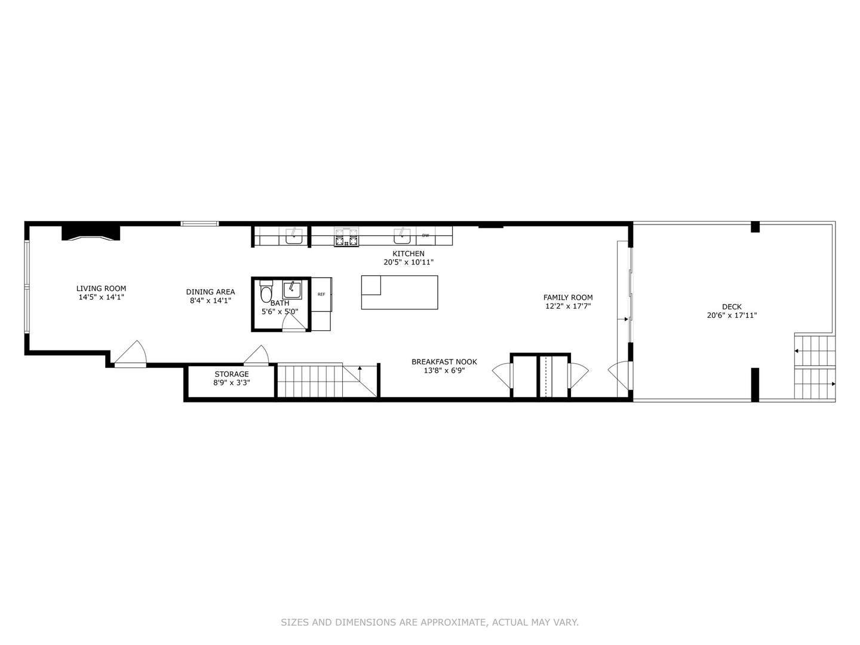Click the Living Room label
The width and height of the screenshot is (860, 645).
point(101,288)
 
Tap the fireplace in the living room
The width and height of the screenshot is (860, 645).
point(91,233)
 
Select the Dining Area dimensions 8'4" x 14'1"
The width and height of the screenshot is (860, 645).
point(210,301)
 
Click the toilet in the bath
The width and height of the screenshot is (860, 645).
point(266,292)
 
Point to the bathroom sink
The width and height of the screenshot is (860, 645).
point(292,290)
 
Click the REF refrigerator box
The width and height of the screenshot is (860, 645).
point(321,294)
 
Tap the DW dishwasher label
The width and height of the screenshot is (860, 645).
point(425,235)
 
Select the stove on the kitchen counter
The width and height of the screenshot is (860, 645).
point(346,237)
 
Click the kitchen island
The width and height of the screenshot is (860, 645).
point(400,292)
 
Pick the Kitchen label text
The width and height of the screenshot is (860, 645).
point(408,254)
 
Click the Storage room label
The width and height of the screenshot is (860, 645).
point(232,374)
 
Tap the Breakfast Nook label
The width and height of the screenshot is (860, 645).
point(444,362)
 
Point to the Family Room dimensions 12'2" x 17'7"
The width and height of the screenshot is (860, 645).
point(568,306)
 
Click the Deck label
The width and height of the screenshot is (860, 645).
point(732,307)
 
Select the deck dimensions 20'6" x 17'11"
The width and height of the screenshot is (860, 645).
point(732,316)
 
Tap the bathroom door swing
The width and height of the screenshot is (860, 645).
point(293,322)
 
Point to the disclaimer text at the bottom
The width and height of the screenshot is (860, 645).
point(429,622)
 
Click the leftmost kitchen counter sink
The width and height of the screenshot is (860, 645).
point(294,236)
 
